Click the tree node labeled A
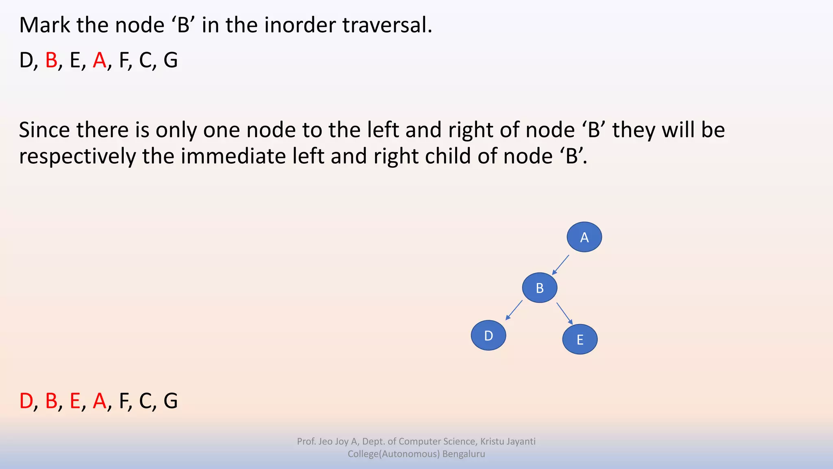tap(584, 237)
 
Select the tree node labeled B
tap(539, 288)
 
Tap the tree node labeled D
tap(488, 335)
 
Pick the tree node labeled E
tap(580, 339)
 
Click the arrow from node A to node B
tap(560, 265)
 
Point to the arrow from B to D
tap(514, 311)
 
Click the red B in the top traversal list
tap(51, 60)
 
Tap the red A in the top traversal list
tap(99, 60)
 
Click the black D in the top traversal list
tap(26, 60)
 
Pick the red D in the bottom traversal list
tap(26, 401)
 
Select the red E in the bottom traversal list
tap(75, 401)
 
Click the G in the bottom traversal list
tap(170, 401)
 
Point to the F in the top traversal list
tap(124, 60)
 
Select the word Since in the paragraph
tap(44, 130)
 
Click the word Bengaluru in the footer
tap(463, 454)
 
